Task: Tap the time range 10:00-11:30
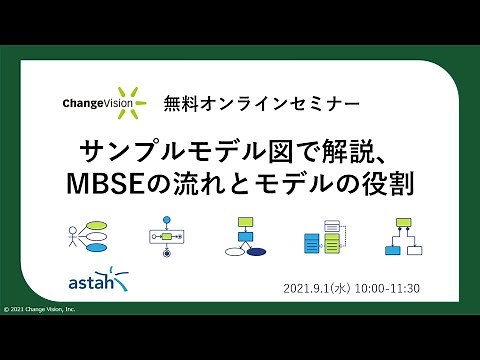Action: tap(390, 288)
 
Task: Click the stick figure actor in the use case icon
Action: tap(74, 236)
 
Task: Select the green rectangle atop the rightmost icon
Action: tap(404, 221)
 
